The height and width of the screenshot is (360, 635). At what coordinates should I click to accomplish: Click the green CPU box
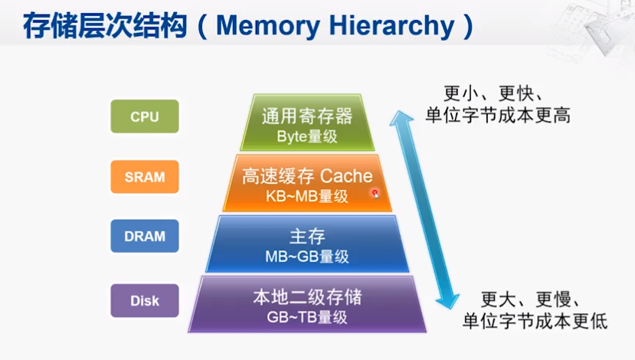[145, 116]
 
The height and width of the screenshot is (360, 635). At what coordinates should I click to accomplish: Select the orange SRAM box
[145, 177]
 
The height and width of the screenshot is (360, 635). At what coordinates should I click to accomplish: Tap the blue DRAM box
[145, 236]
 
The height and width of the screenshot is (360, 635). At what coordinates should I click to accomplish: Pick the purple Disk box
[145, 300]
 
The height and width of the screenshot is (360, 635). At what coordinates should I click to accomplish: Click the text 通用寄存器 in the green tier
[307, 116]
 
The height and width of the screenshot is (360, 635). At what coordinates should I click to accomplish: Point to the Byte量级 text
[307, 136]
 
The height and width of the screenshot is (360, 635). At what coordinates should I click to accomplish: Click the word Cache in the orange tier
[346, 176]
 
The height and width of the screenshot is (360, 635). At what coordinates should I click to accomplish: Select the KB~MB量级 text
[307, 196]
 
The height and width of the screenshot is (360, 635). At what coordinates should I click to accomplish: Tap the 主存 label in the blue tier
[307, 236]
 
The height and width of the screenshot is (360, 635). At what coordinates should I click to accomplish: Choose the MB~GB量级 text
[307, 257]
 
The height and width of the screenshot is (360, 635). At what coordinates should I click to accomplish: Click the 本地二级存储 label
[307, 297]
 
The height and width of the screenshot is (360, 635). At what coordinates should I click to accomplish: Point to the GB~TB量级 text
[307, 317]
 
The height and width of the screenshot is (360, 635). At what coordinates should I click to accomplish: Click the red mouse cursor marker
[375, 194]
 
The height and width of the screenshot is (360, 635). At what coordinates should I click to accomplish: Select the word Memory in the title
[268, 26]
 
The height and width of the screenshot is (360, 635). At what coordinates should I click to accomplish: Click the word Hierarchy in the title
[391, 26]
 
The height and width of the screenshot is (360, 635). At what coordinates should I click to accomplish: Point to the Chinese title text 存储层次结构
[105, 26]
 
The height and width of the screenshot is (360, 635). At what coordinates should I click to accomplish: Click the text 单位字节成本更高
[498, 115]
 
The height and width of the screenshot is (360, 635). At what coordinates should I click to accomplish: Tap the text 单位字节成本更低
[535, 321]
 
